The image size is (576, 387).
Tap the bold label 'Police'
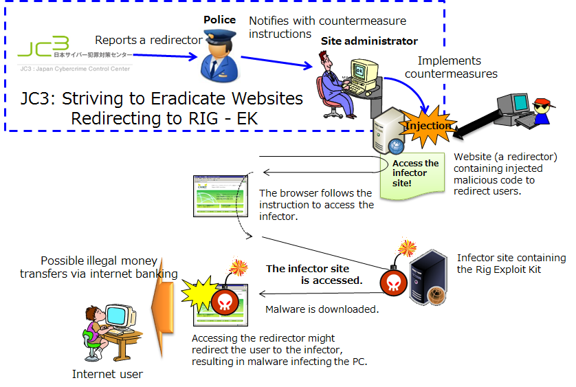[x=219, y=20]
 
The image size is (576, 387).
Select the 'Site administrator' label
[x=369, y=41]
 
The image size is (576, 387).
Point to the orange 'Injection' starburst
[x=428, y=126]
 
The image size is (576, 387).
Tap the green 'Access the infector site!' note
[x=415, y=173]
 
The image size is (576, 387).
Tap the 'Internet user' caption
[x=107, y=374]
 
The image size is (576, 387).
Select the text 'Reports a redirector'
[x=148, y=41]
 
